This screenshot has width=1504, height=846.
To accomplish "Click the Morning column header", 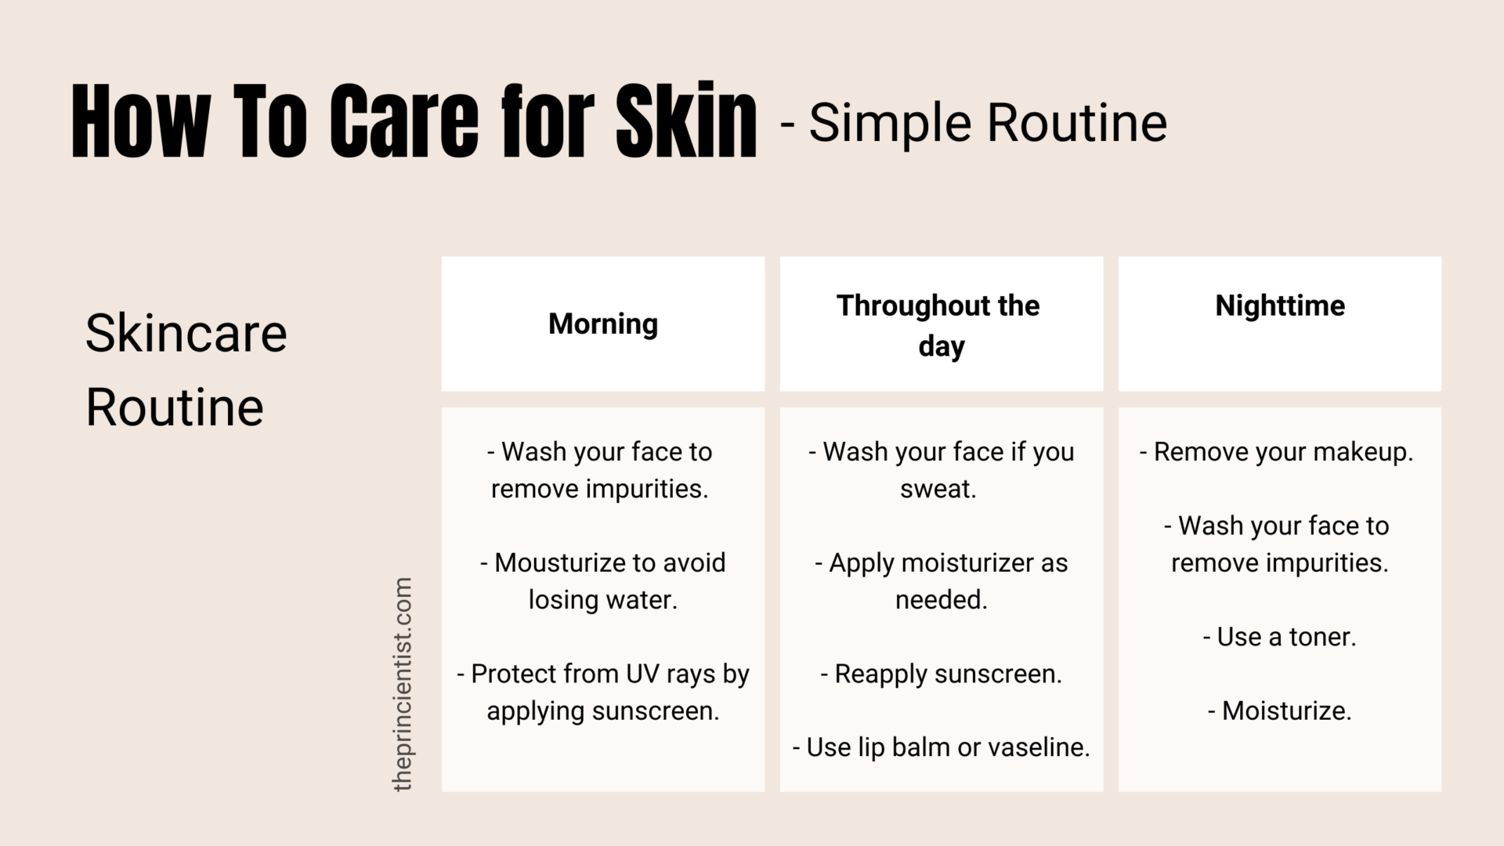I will pyautogui.click(x=602, y=324).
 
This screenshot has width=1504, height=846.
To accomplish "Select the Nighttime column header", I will pyautogui.click(x=1280, y=305).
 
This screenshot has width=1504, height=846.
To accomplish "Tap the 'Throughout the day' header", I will pyautogui.click(x=938, y=325).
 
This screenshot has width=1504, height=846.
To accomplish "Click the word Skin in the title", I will pyautogui.click(x=686, y=121).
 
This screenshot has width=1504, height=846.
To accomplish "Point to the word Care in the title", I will pyautogui.click(x=403, y=121).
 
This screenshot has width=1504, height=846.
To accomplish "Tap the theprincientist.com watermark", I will pyautogui.click(x=403, y=684).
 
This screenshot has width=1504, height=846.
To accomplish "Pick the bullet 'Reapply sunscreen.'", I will pyautogui.click(x=941, y=674).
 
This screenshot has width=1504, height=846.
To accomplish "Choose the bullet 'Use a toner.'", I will pyautogui.click(x=1279, y=637).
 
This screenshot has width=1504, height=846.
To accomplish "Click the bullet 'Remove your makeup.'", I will pyautogui.click(x=1277, y=452).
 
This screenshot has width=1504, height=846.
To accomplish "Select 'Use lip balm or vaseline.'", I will pyautogui.click(x=941, y=747).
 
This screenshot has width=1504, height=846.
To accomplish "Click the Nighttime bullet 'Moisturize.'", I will pyautogui.click(x=1280, y=710).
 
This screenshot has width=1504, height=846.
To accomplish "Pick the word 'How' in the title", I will pyautogui.click(x=141, y=121).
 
